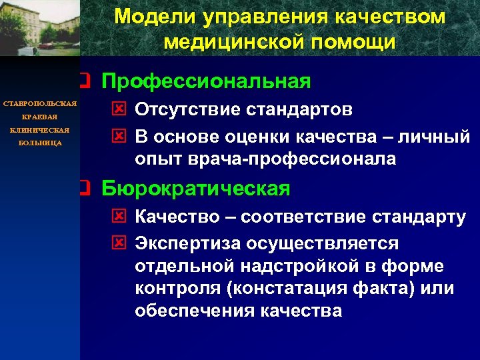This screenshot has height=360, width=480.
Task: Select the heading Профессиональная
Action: click(x=206, y=81)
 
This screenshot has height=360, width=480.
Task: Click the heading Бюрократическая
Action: click(x=196, y=189)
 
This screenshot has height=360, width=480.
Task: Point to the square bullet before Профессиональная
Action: click(x=83, y=81)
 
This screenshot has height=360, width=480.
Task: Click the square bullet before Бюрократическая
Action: click(x=83, y=189)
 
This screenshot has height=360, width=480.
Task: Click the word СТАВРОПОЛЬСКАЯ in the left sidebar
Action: click(x=40, y=104)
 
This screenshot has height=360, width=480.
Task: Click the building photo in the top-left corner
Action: click(x=40, y=28)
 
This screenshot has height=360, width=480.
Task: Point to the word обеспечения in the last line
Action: click(x=190, y=311)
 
